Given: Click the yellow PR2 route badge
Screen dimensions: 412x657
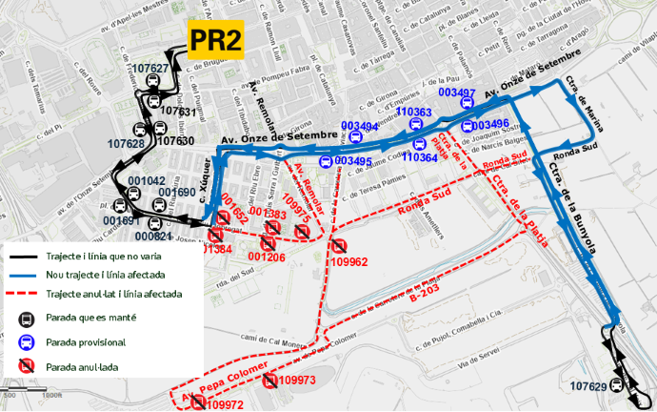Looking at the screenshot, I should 215,40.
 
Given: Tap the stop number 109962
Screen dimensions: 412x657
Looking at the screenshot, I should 348,261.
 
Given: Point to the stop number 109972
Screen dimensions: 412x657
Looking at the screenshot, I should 225,405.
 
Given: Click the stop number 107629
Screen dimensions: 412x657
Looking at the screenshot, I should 588,386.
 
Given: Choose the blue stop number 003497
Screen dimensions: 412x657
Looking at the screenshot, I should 457,93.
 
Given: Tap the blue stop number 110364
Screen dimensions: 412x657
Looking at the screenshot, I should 420,158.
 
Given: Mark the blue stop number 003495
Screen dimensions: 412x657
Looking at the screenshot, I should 353,161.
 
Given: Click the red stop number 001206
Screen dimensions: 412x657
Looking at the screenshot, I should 267,257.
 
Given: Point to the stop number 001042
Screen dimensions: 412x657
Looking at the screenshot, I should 147,180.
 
